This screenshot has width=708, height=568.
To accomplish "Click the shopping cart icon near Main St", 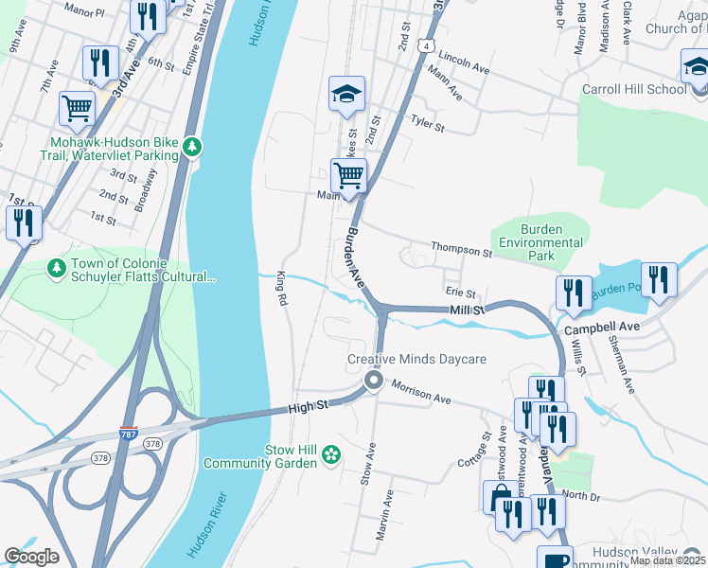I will pos(348,175).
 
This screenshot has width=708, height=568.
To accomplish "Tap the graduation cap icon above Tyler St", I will pos(347,94).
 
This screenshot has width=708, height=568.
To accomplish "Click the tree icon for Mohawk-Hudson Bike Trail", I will pos(193,146).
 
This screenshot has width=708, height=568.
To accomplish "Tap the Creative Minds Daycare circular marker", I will pos(374,382).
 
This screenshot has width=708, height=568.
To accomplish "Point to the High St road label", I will pos(308,406).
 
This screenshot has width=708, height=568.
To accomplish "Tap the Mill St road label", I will pos(467,310).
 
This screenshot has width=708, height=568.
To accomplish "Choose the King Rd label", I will pos(281,288).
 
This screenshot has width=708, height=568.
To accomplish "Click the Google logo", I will pos(31,557).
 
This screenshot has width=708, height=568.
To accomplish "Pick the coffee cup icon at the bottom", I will pos(555,559).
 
